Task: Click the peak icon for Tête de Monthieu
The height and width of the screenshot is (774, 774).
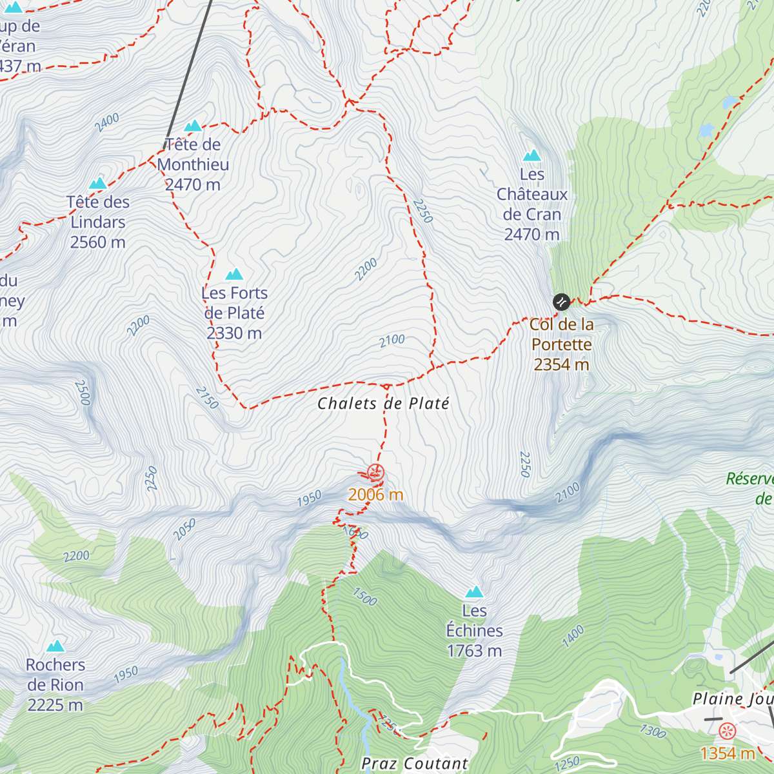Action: tap(193, 126)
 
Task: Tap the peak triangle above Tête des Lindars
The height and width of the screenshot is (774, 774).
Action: tap(98, 184)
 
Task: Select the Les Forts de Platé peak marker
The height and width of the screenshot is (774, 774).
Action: tap(234, 275)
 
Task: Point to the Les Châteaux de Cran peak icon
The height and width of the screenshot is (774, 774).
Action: tap(532, 155)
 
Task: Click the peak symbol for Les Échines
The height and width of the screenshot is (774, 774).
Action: tap(475, 592)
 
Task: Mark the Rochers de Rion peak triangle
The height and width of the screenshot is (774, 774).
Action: tap(55, 646)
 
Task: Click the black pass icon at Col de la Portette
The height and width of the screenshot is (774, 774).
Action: tap(561, 302)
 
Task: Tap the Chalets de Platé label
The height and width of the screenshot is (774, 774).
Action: tap(383, 404)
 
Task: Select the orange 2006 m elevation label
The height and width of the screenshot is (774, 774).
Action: tap(375, 495)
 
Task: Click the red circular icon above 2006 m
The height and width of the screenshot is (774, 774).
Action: tap(375, 473)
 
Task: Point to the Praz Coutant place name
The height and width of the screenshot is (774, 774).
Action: tap(415, 764)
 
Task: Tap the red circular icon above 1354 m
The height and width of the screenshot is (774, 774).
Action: tap(728, 731)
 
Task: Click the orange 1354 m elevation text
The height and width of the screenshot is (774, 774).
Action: tap(728, 753)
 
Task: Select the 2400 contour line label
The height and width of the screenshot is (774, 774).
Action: tap(107, 122)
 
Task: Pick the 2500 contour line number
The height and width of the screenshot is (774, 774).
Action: tap(82, 392)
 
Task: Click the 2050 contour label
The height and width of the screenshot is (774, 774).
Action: tap(184, 530)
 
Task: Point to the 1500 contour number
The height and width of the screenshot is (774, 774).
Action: tap(364, 597)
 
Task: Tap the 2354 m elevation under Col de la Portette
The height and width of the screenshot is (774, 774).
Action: tap(561, 364)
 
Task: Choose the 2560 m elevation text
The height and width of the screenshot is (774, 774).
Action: tap(98, 243)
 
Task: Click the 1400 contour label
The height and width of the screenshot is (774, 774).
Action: tap(573, 636)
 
